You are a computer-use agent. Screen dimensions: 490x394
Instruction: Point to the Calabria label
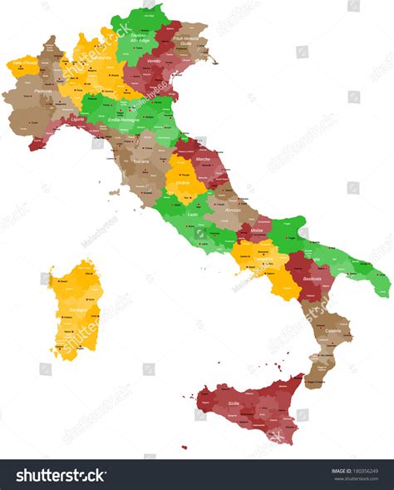pos(333,330)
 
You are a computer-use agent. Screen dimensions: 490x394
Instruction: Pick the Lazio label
pos(193,215)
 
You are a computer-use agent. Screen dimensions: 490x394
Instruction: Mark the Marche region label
pos(203,159)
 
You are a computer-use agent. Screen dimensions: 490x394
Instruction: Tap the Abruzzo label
pos(234,210)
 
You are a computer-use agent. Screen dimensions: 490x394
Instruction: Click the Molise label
pos(256,230)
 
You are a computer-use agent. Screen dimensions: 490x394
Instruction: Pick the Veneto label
pos(154,62)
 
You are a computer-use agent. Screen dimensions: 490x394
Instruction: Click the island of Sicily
pos(249,412)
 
